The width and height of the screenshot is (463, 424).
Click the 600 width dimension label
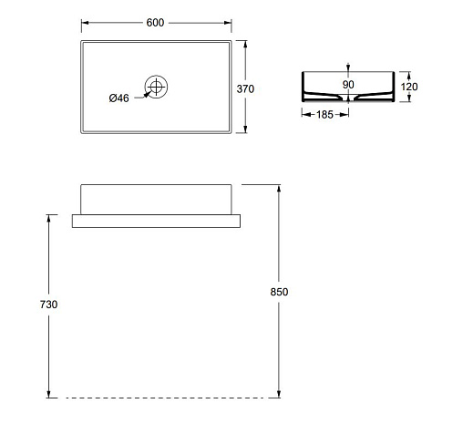click(155, 23)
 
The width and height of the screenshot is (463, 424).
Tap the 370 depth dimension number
click(245, 88)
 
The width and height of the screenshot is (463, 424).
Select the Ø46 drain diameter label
click(118, 98)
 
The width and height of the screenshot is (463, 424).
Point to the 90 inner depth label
click(348, 85)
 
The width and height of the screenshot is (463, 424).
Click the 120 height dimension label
click(409, 87)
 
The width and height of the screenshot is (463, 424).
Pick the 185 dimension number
click(324, 115)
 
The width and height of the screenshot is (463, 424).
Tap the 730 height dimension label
click(48, 305)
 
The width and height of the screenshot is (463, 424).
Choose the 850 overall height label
click(279, 292)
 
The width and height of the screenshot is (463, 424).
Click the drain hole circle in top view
click(156, 76)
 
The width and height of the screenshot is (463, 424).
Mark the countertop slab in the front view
click(156, 221)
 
